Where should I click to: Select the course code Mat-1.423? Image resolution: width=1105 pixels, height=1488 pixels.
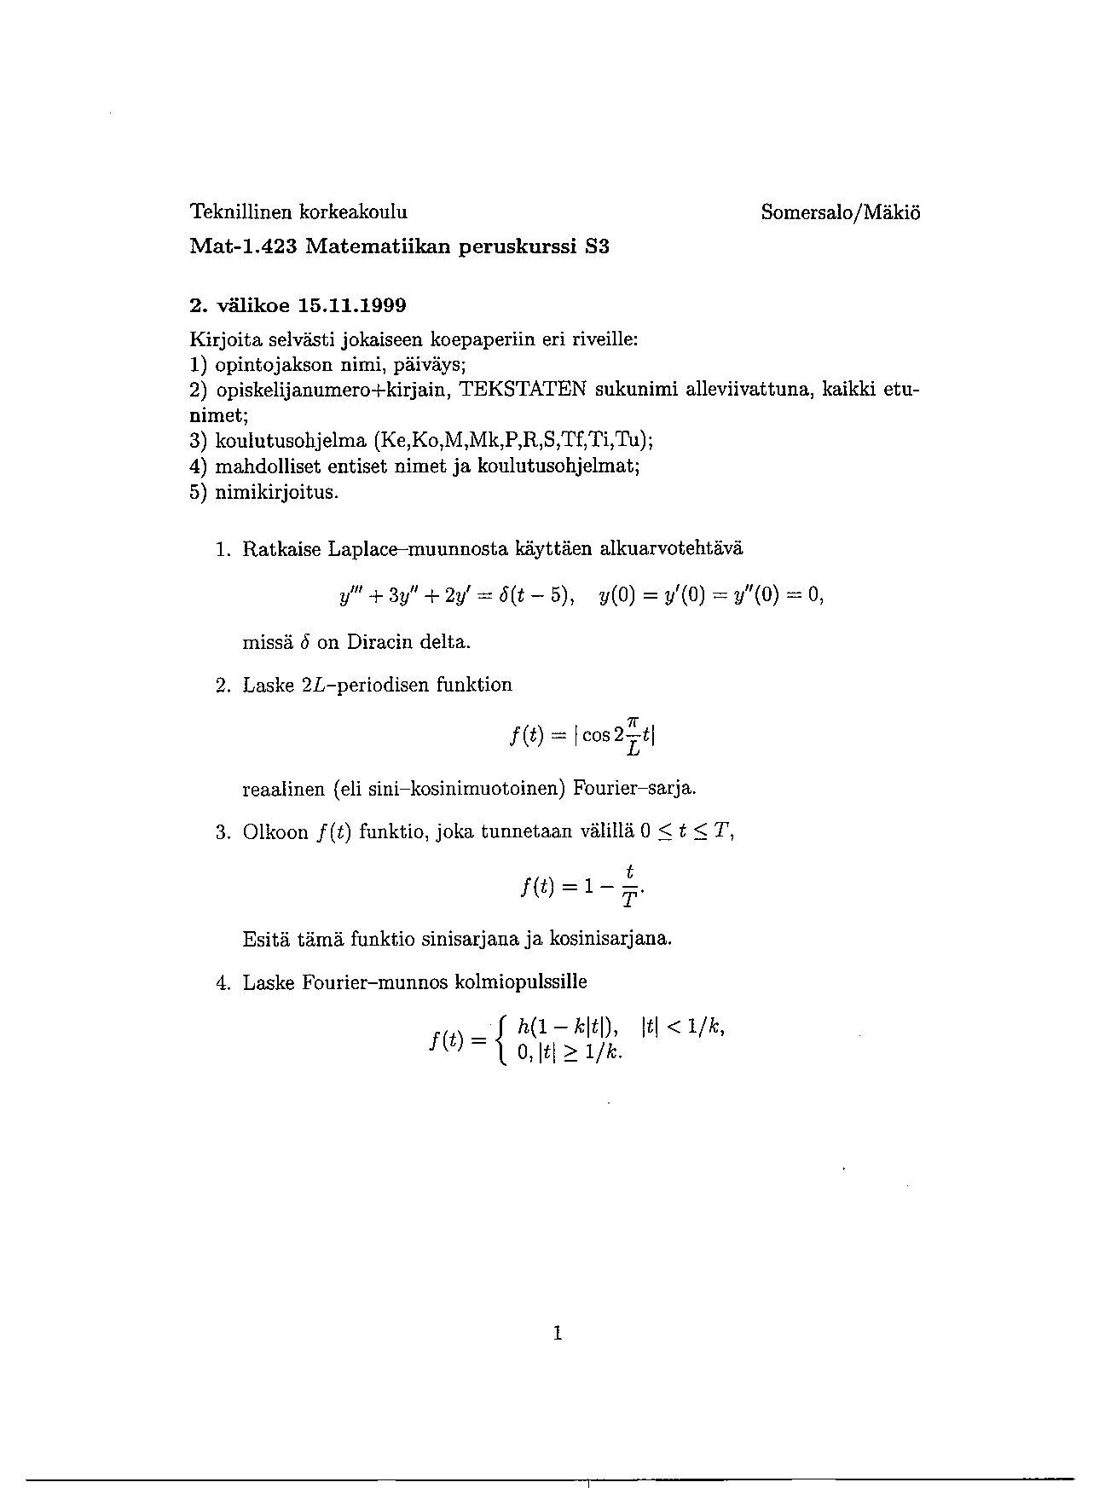point(242,247)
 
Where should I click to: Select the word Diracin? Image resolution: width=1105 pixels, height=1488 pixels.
point(380,642)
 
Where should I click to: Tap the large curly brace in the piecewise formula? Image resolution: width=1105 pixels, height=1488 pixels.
point(504,1040)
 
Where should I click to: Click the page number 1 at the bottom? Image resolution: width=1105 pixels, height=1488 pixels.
point(558,1332)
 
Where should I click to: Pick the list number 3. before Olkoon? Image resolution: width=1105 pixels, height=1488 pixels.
point(223,832)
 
